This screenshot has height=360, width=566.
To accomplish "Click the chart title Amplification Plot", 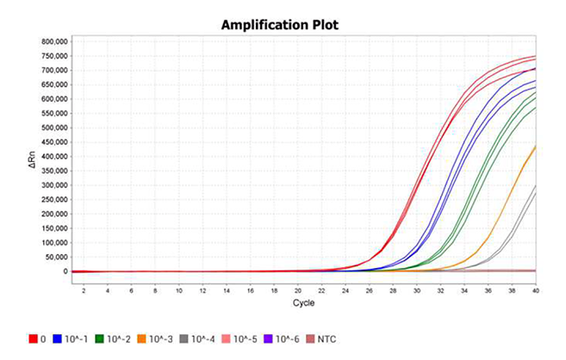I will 282,24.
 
